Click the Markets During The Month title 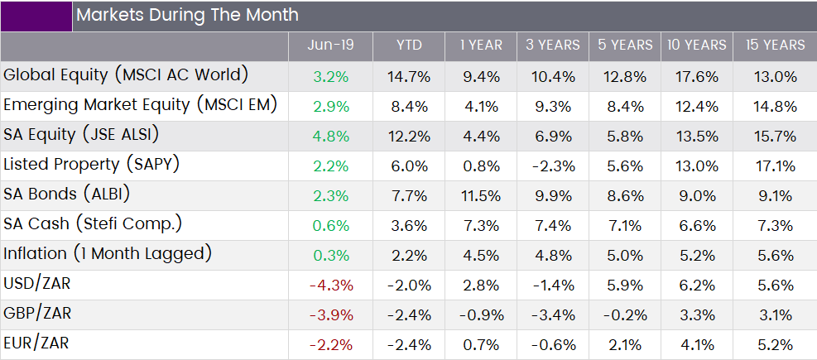[x=188, y=15]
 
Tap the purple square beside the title [x=36, y=17]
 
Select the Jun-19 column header [x=330, y=46]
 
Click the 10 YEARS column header [x=697, y=46]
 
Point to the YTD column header [x=409, y=46]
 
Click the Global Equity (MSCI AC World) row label [x=126, y=75]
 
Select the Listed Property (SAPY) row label [x=91, y=166]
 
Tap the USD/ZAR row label [x=36, y=284]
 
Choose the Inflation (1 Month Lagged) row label [x=108, y=254]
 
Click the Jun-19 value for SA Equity [x=331, y=137]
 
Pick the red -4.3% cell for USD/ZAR [x=331, y=286]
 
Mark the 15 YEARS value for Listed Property [x=776, y=166]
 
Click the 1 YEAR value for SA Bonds [x=481, y=196]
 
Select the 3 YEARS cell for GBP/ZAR [x=553, y=315]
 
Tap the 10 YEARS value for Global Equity [x=697, y=77]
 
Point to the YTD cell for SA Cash [x=409, y=226]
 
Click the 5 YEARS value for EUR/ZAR [x=624, y=345]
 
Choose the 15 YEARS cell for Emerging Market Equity [x=776, y=107]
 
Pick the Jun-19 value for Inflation [x=331, y=256]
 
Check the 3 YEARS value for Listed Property [x=553, y=166]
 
